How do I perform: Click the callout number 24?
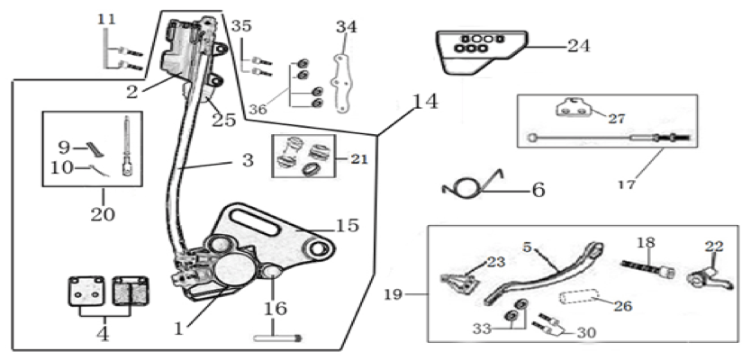(579, 46)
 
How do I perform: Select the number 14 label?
(425, 101)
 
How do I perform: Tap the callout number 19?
(393, 294)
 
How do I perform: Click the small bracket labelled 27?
(573, 108)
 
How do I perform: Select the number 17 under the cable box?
(626, 184)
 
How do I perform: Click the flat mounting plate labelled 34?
(342, 84)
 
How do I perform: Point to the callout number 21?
(358, 159)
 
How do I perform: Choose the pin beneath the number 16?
(277, 337)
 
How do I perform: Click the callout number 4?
(103, 334)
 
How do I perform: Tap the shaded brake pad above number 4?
(131, 291)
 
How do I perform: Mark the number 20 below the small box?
(103, 215)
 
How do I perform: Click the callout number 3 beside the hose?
(248, 161)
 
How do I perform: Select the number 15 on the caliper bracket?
(348, 226)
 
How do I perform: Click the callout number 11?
(107, 20)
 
